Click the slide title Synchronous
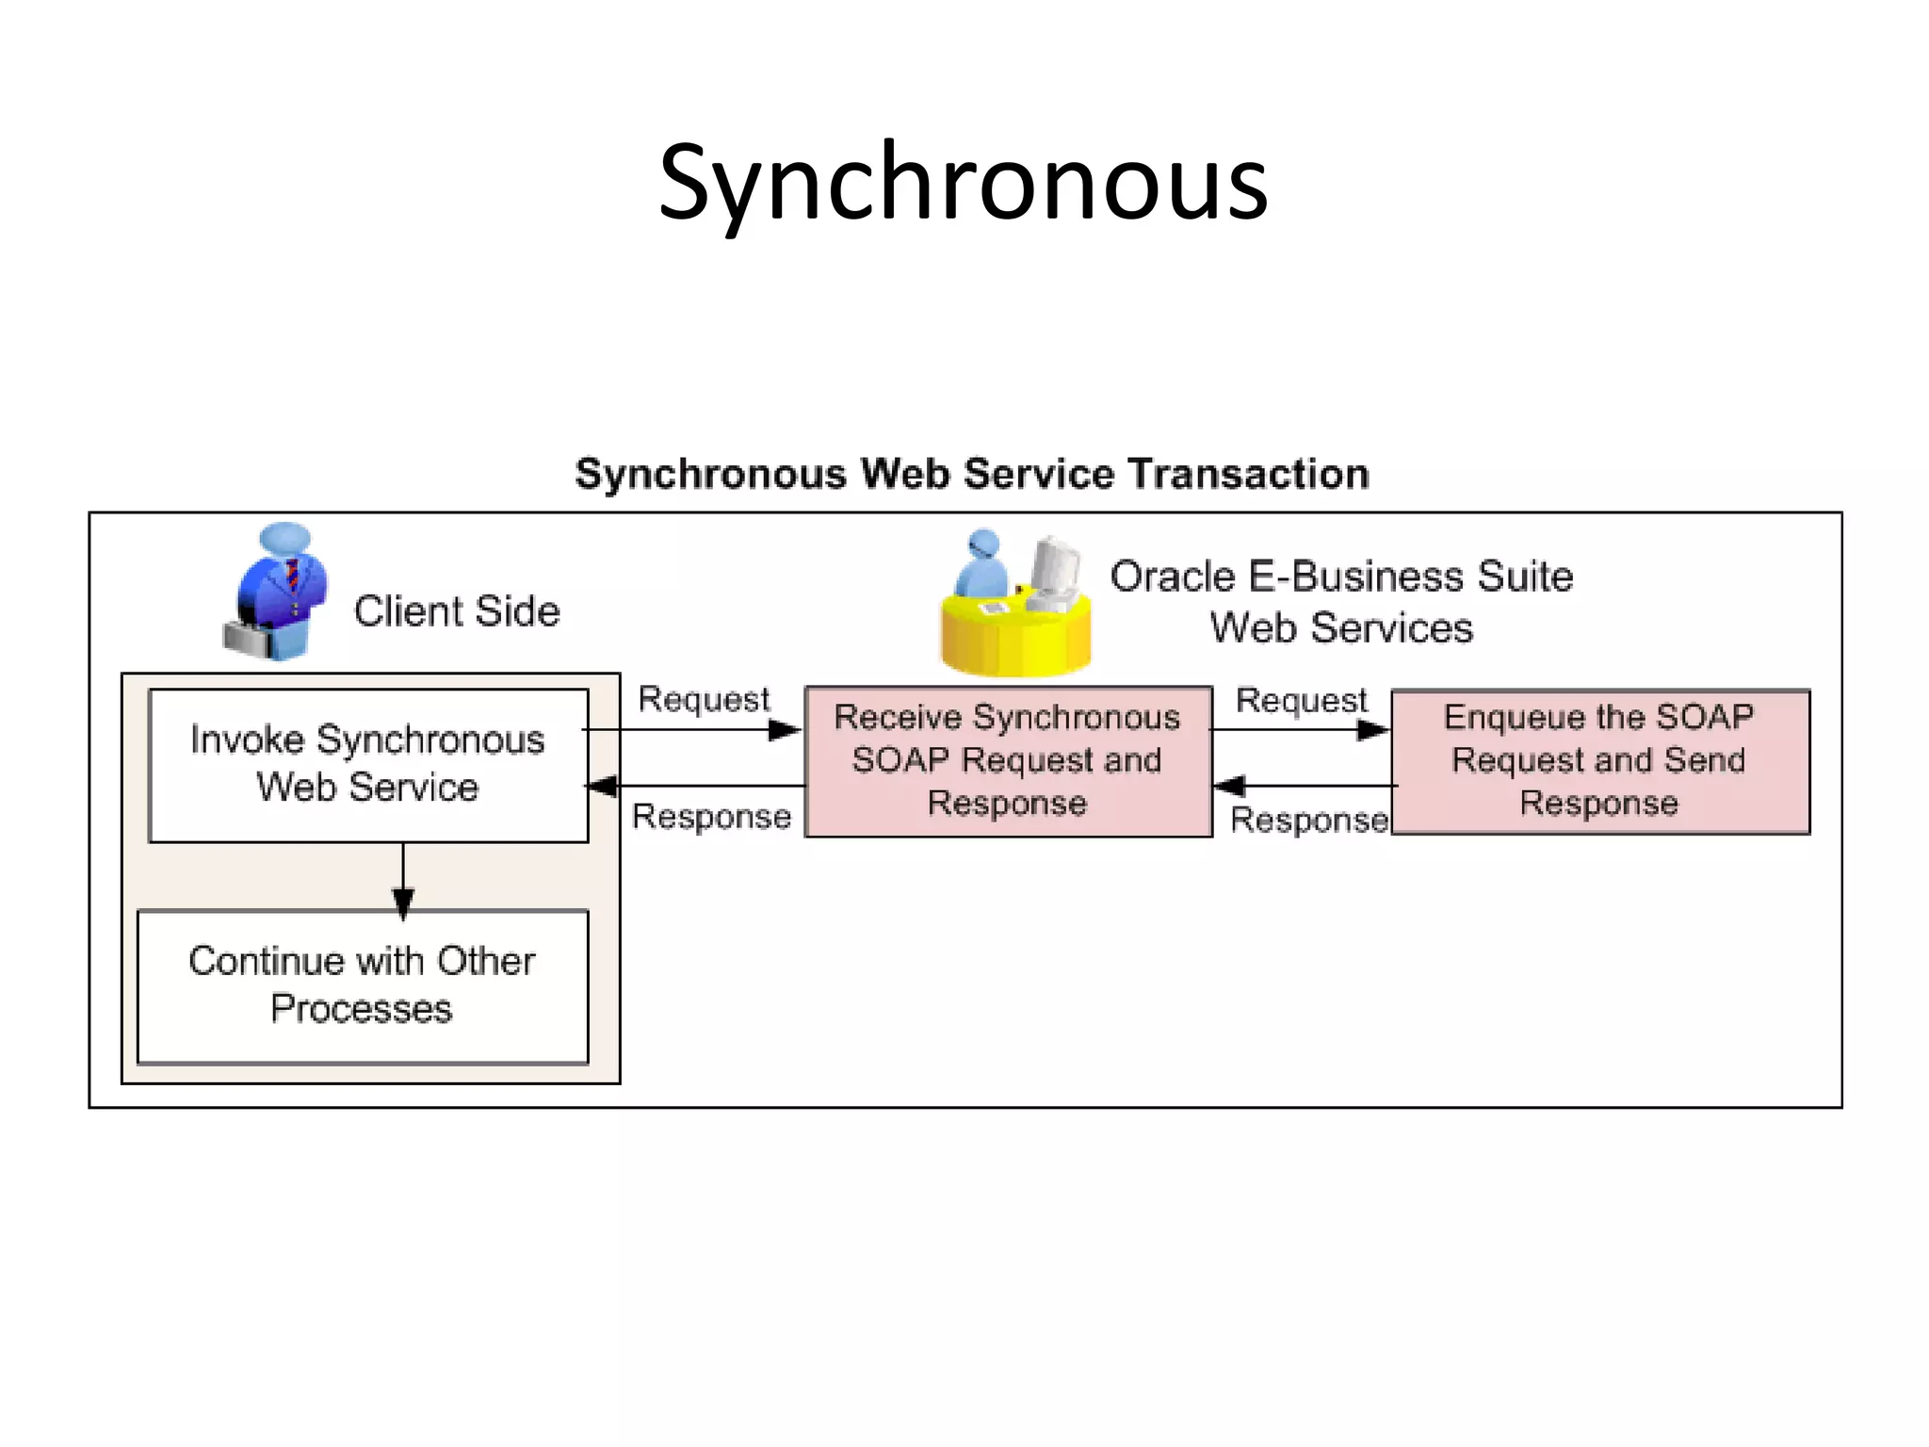click(963, 184)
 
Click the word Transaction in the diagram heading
click(1248, 474)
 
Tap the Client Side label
click(457, 611)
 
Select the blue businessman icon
click(283, 584)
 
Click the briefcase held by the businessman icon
click(247, 639)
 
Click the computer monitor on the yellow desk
click(1055, 570)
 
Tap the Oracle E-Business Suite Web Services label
click(1341, 601)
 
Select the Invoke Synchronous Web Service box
click(368, 764)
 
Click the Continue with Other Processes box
click(363, 985)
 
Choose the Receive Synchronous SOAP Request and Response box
click(1008, 760)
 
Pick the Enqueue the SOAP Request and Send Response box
click(1599, 760)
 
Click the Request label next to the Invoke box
click(704, 699)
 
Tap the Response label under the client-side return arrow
click(711, 817)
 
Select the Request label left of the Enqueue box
click(1301, 700)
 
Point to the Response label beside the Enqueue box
click(1309, 820)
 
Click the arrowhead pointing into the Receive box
click(785, 729)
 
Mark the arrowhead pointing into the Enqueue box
click(1372, 729)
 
